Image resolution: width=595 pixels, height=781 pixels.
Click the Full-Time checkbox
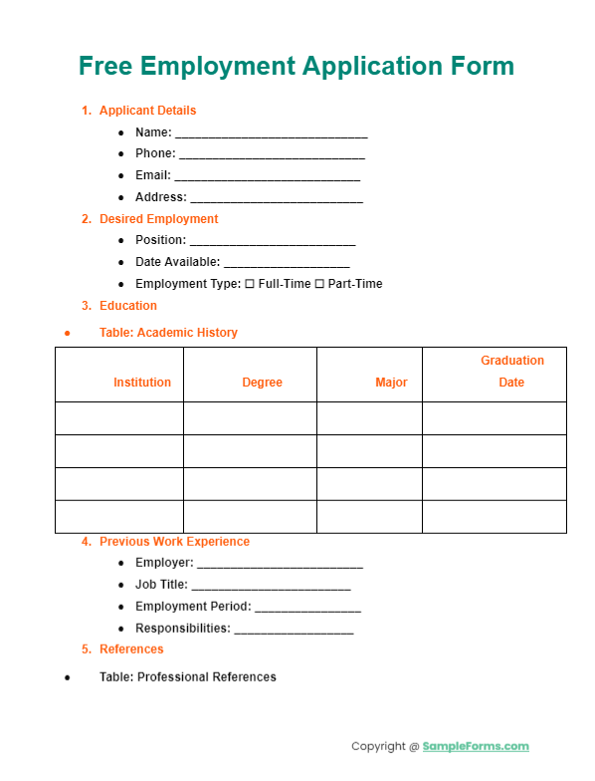pyautogui.click(x=250, y=284)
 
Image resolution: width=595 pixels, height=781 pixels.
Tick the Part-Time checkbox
pyautogui.click(x=319, y=284)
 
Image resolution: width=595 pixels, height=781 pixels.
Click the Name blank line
pyautogui.click(x=271, y=134)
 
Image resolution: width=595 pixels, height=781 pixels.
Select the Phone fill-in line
pyautogui.click(x=272, y=156)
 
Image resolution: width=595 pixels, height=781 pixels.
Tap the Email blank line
pyautogui.click(x=268, y=178)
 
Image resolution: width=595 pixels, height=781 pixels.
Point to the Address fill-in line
pyautogui.click(x=276, y=200)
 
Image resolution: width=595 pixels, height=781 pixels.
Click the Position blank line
pyautogui.click(x=272, y=242)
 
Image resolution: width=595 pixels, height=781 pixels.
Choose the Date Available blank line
pyautogui.click(x=287, y=264)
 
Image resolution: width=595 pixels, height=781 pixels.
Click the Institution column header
pyautogui.click(x=142, y=383)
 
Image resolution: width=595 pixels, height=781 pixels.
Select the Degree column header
pyautogui.click(x=262, y=383)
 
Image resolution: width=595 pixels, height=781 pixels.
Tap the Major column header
pyautogui.click(x=391, y=383)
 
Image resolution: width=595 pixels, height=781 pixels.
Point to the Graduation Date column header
pyautogui.click(x=512, y=372)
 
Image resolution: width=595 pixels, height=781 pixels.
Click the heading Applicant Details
pyautogui.click(x=147, y=111)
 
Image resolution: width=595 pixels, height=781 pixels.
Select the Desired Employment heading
pyautogui.click(x=158, y=219)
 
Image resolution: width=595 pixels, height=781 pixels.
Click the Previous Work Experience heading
pyautogui.click(x=174, y=542)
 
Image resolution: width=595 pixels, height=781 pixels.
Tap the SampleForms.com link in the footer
pyautogui.click(x=476, y=746)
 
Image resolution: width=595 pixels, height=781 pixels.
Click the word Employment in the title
pyautogui.click(x=217, y=67)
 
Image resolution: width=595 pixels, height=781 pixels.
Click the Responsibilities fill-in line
pyautogui.click(x=294, y=631)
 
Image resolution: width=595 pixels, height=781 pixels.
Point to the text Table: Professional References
pyautogui.click(x=187, y=677)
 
